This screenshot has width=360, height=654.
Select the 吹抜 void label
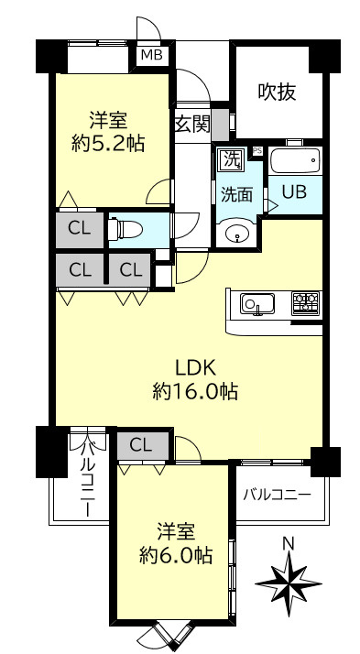(x=277, y=92)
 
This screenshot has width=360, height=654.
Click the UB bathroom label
(x=294, y=192)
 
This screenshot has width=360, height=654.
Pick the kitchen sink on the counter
(x=256, y=303)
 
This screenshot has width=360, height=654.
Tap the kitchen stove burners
(x=306, y=302)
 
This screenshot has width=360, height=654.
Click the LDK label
(x=194, y=368)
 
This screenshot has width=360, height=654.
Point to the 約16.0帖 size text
(x=195, y=392)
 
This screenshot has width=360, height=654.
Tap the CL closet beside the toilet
(x=79, y=229)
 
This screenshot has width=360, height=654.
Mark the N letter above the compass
(x=288, y=544)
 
